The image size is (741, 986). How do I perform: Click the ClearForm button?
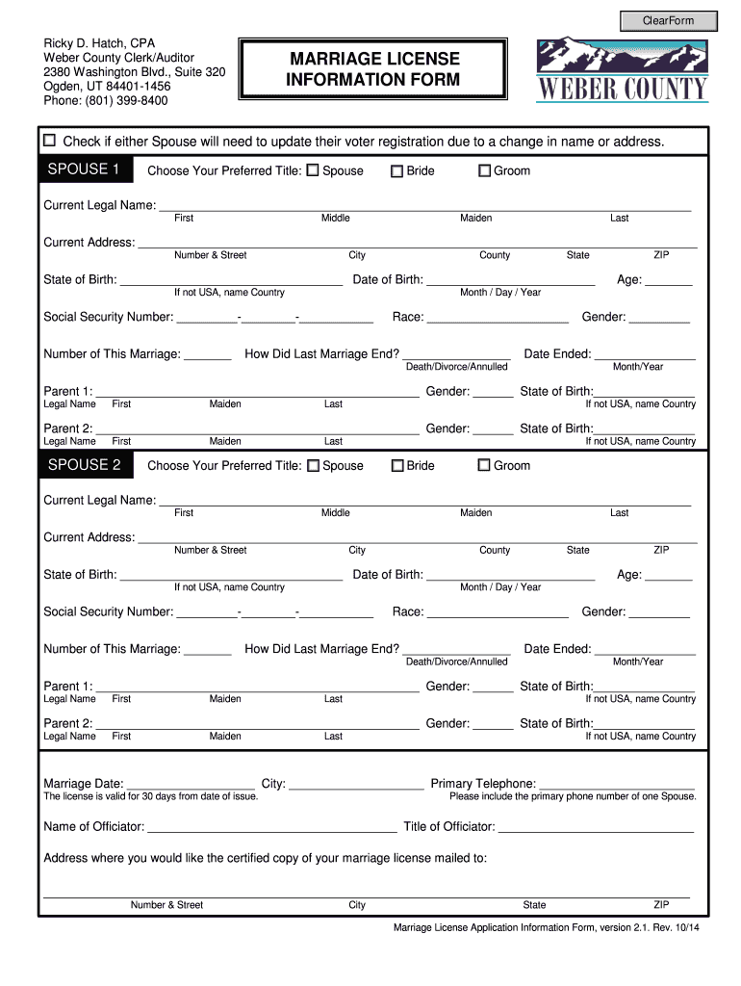pyautogui.click(x=668, y=20)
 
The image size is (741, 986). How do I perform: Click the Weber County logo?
pyautogui.click(x=623, y=70)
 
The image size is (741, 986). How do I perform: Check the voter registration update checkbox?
pyautogui.click(x=50, y=141)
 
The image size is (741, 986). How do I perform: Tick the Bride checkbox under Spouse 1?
pyautogui.click(x=396, y=171)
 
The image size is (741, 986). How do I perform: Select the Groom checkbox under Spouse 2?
pyautogui.click(x=485, y=466)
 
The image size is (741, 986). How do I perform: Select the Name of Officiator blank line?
pyautogui.click(x=271, y=827)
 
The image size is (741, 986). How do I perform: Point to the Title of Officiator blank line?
pyautogui.click(x=596, y=827)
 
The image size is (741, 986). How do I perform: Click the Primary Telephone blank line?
pyautogui.click(x=617, y=784)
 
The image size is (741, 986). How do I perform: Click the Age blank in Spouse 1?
pyautogui.click(x=669, y=280)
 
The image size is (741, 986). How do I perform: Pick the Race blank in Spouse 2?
pyautogui.click(x=498, y=612)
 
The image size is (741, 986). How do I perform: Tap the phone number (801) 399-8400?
pyautogui.click(x=106, y=100)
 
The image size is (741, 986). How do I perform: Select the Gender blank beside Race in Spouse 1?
pyautogui.click(x=659, y=318)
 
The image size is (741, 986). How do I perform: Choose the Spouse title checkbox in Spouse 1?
pyautogui.click(x=312, y=171)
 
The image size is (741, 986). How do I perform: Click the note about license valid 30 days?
pyautogui.click(x=151, y=796)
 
